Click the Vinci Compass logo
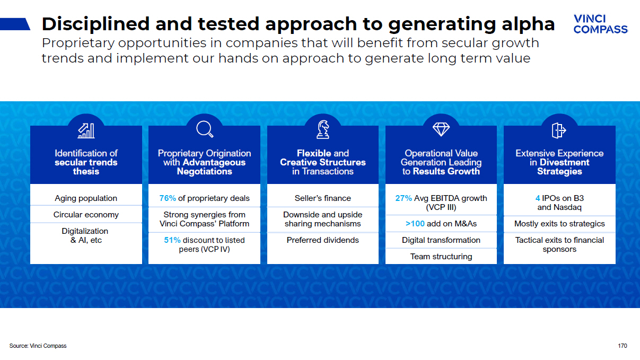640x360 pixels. [x=600, y=24]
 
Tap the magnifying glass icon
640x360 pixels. [x=205, y=129]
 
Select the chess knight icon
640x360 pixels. [x=323, y=129]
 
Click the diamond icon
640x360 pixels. [x=441, y=129]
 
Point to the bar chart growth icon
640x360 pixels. [x=86, y=131]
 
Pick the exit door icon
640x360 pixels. [x=559, y=130]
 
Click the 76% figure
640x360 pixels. [x=168, y=198]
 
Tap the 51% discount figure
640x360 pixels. [x=172, y=240]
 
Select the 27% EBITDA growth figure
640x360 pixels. [x=404, y=198]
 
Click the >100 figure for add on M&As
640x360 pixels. [x=415, y=223]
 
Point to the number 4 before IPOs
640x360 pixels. [x=538, y=198]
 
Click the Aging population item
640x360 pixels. [x=86, y=198]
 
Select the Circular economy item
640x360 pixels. [x=86, y=215]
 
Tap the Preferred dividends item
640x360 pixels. [x=322, y=240]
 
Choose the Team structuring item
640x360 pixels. [x=441, y=257]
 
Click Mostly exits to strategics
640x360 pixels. [x=559, y=224]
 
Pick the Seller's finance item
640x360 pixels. [x=322, y=198]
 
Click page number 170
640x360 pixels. [x=623, y=346]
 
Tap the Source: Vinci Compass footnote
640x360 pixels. [x=38, y=346]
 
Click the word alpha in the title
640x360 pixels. [x=528, y=24]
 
